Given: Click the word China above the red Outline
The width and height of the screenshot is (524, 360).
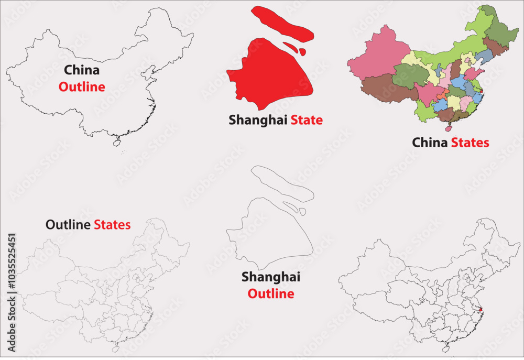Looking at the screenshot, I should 82,70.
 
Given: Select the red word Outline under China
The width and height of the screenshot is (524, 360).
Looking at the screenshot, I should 82,87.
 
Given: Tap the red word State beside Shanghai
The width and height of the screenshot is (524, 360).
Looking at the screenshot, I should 307,121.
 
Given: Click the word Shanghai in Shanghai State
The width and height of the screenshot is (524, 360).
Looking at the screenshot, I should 258,121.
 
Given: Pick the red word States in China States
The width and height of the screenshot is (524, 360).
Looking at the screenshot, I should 470,143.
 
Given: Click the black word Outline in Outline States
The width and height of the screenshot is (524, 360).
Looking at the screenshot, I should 69,225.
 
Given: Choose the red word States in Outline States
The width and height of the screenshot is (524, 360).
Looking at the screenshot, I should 112,225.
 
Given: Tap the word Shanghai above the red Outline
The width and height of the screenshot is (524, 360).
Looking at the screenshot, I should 270,277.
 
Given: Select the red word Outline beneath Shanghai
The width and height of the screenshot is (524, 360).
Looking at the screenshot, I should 270,294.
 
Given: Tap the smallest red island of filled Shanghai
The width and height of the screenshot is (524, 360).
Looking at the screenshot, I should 303,51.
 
